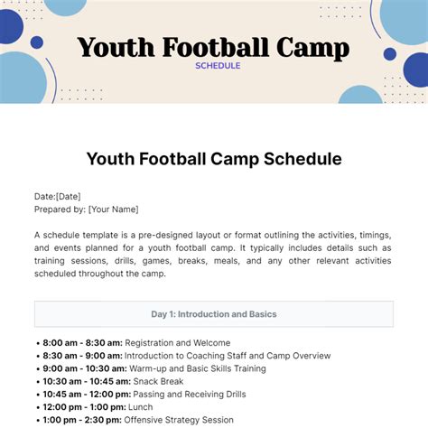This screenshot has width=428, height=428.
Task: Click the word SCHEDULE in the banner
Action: pos(218,66)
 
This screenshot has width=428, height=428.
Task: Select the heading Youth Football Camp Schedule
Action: pos(214,159)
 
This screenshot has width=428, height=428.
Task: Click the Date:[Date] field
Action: pos(56,196)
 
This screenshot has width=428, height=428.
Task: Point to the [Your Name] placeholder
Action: pos(113,209)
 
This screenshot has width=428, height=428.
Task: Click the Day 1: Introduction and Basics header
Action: pos(214,314)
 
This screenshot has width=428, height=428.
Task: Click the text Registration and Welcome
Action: pos(178,343)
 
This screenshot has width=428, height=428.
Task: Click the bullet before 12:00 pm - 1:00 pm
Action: pos(37,407)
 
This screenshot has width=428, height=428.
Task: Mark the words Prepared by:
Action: pos(60,209)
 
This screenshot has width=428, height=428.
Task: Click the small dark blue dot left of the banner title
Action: pos(37,42)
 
